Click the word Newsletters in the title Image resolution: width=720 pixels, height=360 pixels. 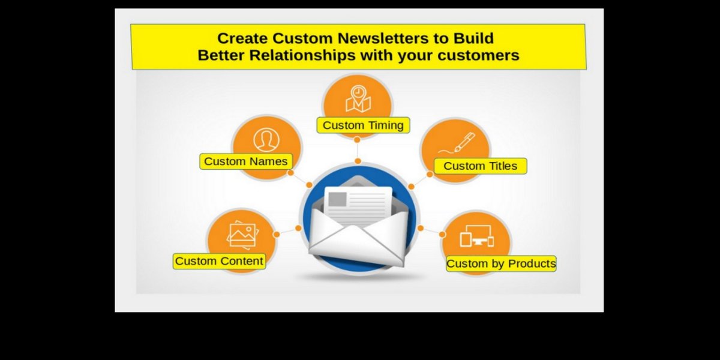(383, 38)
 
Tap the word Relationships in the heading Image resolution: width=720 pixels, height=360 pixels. (302, 55)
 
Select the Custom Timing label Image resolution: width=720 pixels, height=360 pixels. (363, 125)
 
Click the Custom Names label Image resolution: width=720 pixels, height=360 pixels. (246, 161)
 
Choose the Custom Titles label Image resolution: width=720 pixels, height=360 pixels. (480, 166)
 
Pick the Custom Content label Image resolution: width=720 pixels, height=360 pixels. (219, 261)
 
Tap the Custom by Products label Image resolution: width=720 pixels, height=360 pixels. (501, 263)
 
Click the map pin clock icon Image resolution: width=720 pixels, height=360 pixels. (358, 98)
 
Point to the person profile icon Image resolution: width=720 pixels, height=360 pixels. (266, 140)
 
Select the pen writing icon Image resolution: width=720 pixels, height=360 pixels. (457, 143)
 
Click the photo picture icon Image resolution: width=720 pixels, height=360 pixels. (243, 235)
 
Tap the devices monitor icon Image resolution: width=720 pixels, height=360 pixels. (476, 236)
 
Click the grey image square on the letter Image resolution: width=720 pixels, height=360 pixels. (337, 199)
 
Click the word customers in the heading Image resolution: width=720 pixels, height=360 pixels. (478, 55)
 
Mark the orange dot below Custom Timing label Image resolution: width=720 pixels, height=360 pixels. (357, 140)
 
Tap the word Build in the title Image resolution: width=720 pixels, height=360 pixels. (473, 38)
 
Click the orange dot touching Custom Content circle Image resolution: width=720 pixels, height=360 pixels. (276, 235)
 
